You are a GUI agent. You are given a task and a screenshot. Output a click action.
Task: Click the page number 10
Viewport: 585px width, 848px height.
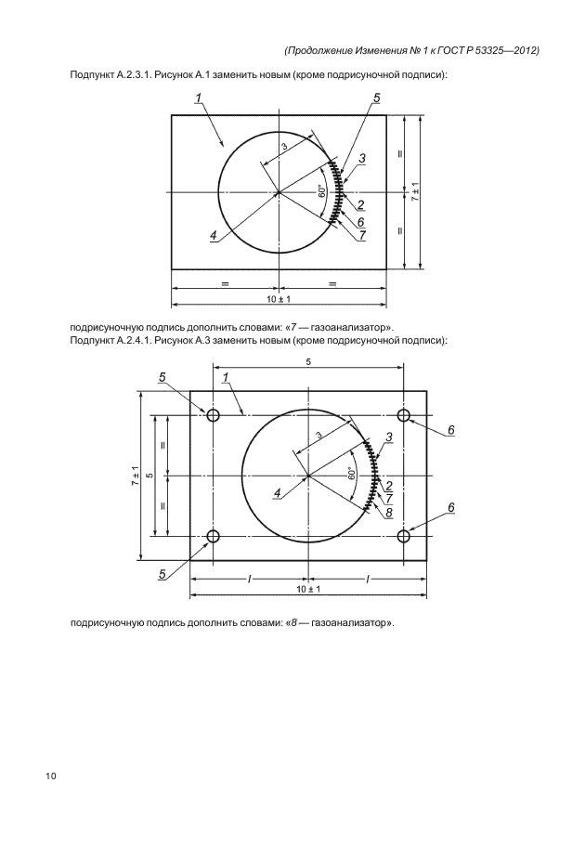[x=49, y=775]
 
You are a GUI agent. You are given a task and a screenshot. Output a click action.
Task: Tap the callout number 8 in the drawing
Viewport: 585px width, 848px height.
[x=389, y=512]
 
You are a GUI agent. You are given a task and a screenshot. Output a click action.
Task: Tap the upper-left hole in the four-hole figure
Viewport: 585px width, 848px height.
[x=214, y=415]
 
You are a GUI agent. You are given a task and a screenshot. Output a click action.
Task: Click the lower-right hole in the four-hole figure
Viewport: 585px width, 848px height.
[x=404, y=536]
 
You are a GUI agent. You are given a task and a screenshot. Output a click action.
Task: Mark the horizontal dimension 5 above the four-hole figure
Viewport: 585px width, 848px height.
[x=308, y=362]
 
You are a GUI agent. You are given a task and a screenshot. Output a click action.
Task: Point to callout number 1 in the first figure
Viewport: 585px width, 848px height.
[x=199, y=98]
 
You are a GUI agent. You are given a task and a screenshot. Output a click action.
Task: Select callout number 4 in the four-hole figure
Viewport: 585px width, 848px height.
[x=277, y=492]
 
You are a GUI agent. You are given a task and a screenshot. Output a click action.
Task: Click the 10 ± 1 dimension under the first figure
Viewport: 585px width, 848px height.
[x=279, y=298]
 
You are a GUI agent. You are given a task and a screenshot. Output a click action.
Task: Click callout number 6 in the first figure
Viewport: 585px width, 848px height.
[x=360, y=221]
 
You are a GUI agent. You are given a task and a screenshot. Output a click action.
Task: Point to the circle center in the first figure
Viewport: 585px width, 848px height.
[x=279, y=192]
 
